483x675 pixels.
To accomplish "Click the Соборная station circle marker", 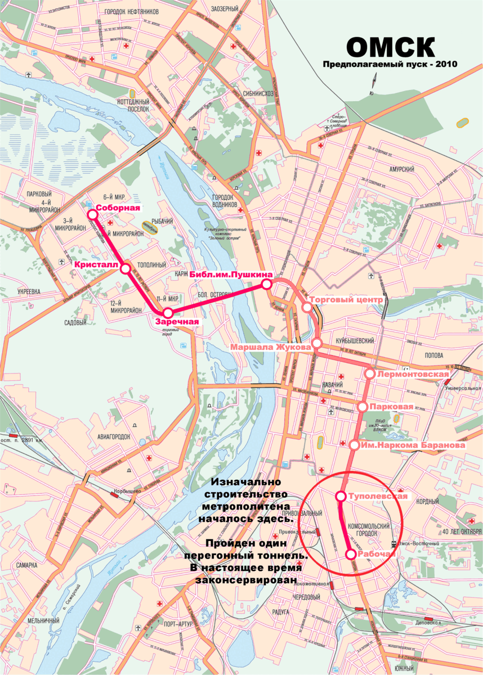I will [92, 214].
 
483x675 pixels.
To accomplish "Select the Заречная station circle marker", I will [167, 313].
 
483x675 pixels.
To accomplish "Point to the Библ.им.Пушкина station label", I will [231, 274].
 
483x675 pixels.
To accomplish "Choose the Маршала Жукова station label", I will [271, 348].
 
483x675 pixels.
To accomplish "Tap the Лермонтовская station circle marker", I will [370, 373].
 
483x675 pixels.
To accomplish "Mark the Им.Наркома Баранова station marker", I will [355, 445].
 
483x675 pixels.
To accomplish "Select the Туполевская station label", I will [377, 497].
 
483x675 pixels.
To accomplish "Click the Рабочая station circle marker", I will [350, 554].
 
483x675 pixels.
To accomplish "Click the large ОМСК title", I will [390, 47].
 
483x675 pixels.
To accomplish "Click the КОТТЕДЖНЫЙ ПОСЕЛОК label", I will [133, 104].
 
